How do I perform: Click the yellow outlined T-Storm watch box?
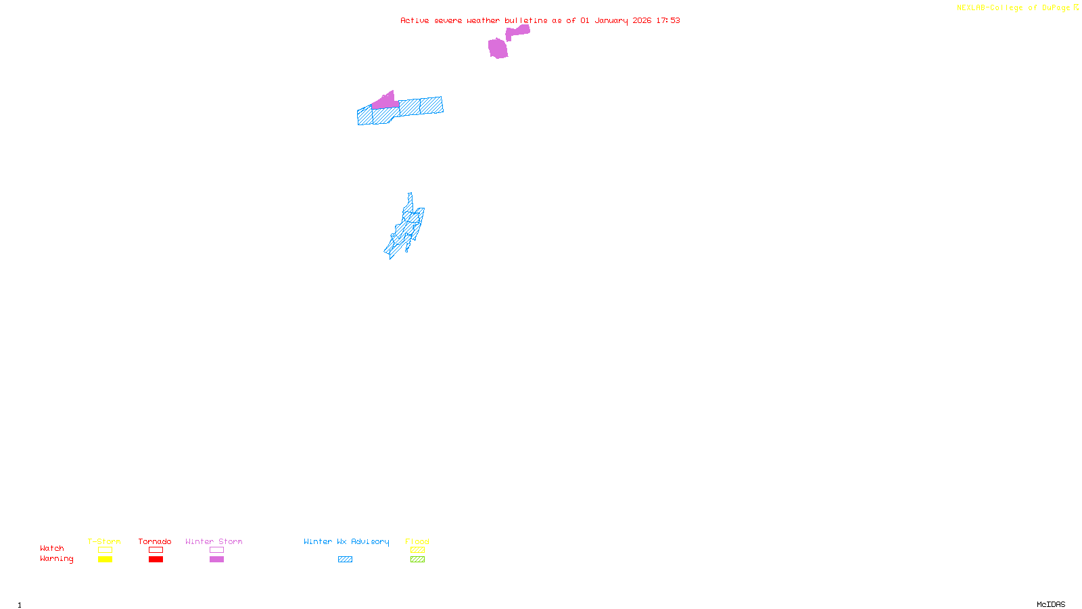coord(105,550)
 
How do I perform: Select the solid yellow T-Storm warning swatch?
coord(105,560)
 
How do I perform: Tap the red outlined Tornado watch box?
coord(156,550)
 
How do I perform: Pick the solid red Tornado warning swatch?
coord(156,560)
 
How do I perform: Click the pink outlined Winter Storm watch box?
coord(216,550)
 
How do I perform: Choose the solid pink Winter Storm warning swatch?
coord(216,560)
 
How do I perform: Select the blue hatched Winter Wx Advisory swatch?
coord(345,560)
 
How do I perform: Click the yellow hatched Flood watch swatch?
coord(417,550)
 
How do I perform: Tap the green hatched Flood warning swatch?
coord(417,560)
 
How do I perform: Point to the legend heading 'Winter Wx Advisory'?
coord(346,541)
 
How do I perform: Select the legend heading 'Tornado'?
coord(155,541)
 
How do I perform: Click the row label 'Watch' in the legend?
coord(52,548)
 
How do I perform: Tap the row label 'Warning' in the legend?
coord(56,559)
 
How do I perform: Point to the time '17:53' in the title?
coord(668,20)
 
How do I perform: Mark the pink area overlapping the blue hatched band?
coord(385,102)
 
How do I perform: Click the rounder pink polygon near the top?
coord(498,48)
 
